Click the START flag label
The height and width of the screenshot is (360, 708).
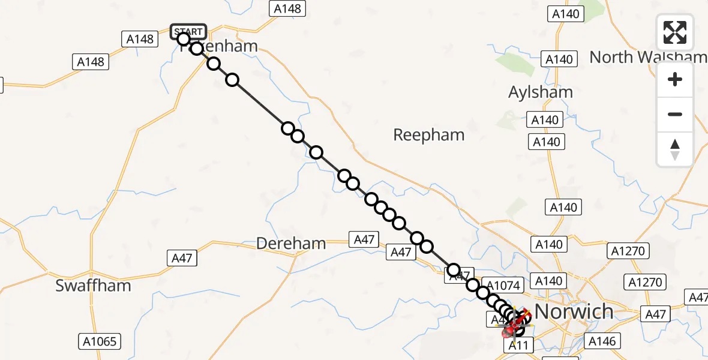click(x=188, y=31)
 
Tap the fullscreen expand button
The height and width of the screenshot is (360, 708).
click(x=675, y=32)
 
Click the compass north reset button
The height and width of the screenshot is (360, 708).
click(x=675, y=149)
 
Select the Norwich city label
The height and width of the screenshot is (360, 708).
click(x=574, y=311)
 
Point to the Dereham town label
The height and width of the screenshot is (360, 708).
click(x=291, y=244)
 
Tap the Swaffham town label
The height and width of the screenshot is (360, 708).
click(x=93, y=286)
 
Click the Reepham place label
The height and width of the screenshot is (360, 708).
click(x=428, y=136)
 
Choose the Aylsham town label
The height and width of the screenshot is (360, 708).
click(x=540, y=92)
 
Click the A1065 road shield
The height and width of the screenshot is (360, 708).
click(x=100, y=342)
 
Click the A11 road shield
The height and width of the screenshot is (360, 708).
click(x=518, y=345)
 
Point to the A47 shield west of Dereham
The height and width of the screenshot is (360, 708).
click(x=181, y=258)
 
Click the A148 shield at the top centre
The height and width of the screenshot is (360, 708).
click(x=288, y=8)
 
